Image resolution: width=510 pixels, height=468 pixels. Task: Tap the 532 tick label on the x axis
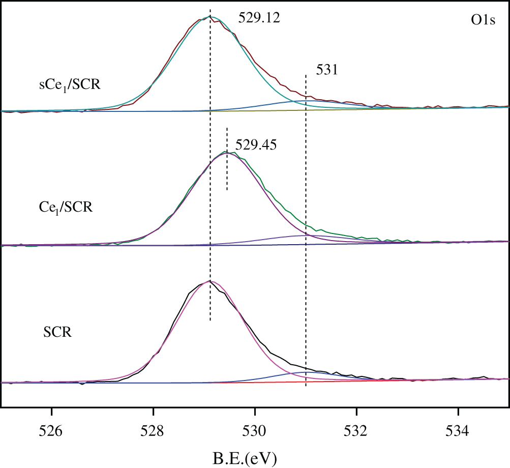(357, 430)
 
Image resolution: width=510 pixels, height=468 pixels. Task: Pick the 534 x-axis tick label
(458, 430)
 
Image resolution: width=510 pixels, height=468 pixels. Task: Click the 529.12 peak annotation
(259, 18)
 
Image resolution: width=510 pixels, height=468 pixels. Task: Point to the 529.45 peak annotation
(256, 145)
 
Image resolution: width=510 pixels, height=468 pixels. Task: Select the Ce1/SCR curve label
(66, 207)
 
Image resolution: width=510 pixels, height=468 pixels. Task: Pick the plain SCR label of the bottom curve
(57, 334)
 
